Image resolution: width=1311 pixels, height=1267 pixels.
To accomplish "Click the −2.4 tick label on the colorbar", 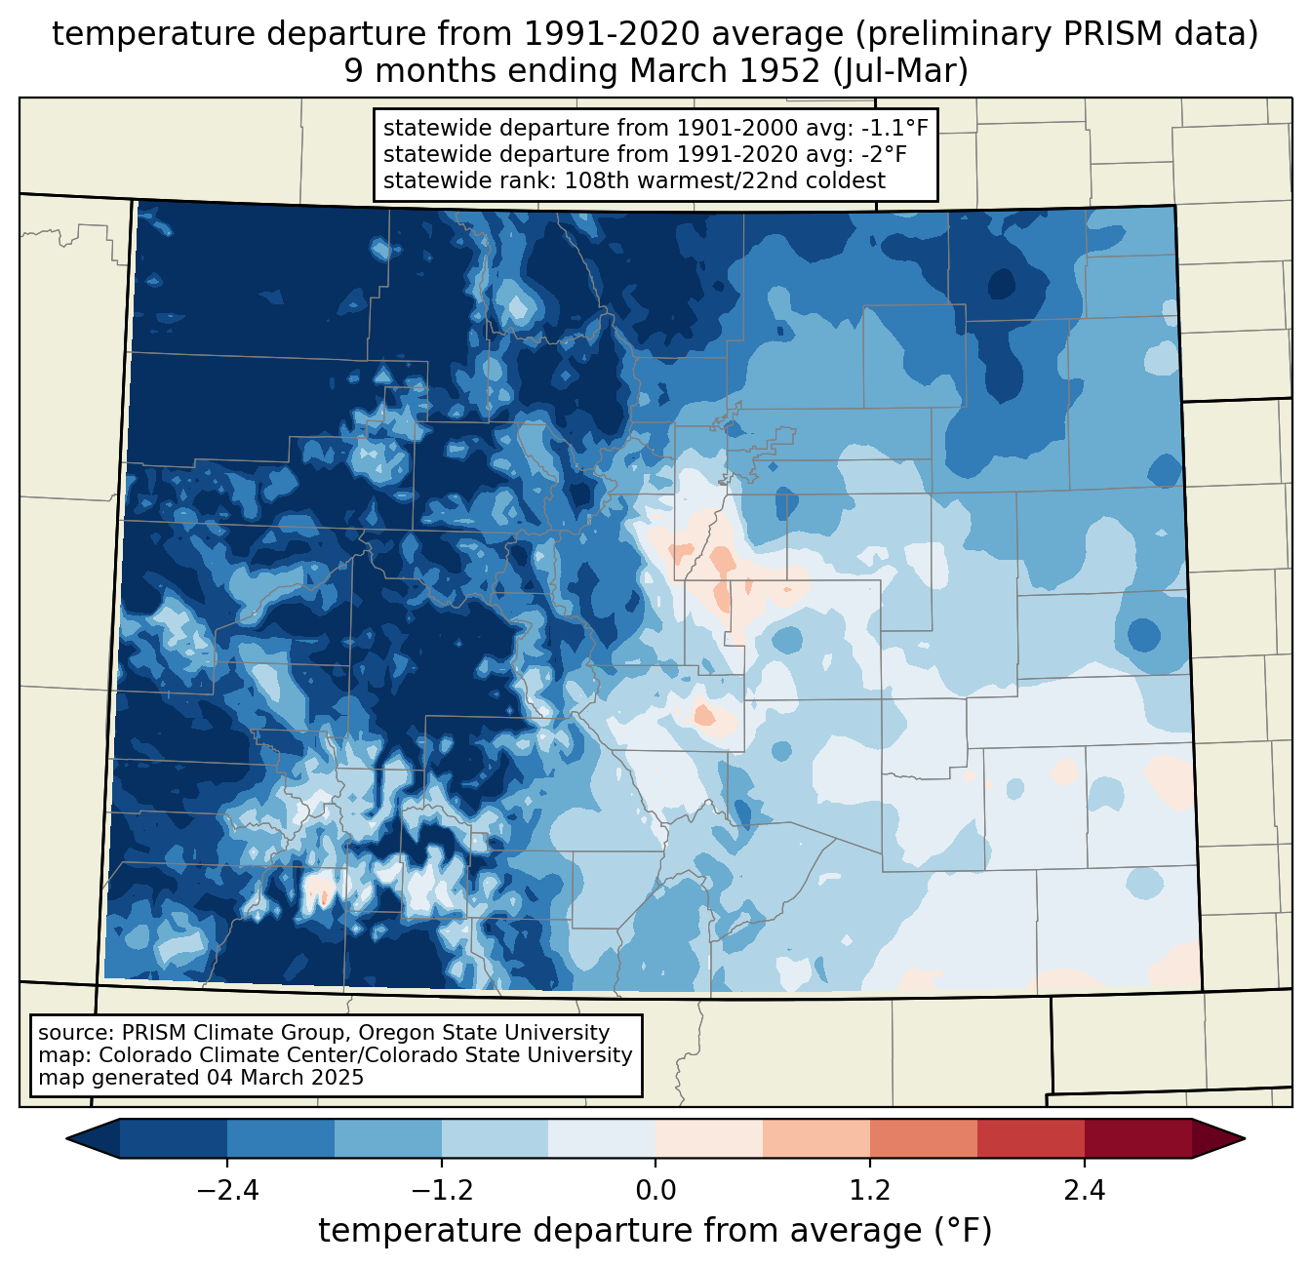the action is tap(227, 1190).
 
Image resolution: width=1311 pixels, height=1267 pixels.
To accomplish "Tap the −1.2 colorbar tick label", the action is tap(442, 1190).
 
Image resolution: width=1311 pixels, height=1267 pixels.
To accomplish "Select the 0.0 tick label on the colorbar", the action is tap(655, 1190).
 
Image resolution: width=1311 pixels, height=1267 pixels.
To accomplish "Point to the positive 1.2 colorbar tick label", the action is tap(870, 1190).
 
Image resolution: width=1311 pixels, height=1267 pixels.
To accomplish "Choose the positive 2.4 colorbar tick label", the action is tap(1085, 1190).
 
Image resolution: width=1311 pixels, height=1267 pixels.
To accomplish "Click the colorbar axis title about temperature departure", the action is tap(655, 1231).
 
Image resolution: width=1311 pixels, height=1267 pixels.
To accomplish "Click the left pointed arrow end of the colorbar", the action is tap(93, 1138).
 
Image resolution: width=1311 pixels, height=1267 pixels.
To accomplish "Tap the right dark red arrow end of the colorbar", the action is tap(1218, 1138).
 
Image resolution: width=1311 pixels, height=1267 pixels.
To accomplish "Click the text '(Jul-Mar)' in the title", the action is tap(900, 71).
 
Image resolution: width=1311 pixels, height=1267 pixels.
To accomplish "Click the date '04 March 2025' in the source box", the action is tap(285, 1077).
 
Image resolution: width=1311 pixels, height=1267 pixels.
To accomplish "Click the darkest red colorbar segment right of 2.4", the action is tap(1138, 1138).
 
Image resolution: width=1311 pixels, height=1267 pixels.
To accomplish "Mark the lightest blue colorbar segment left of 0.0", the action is tap(602, 1138).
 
